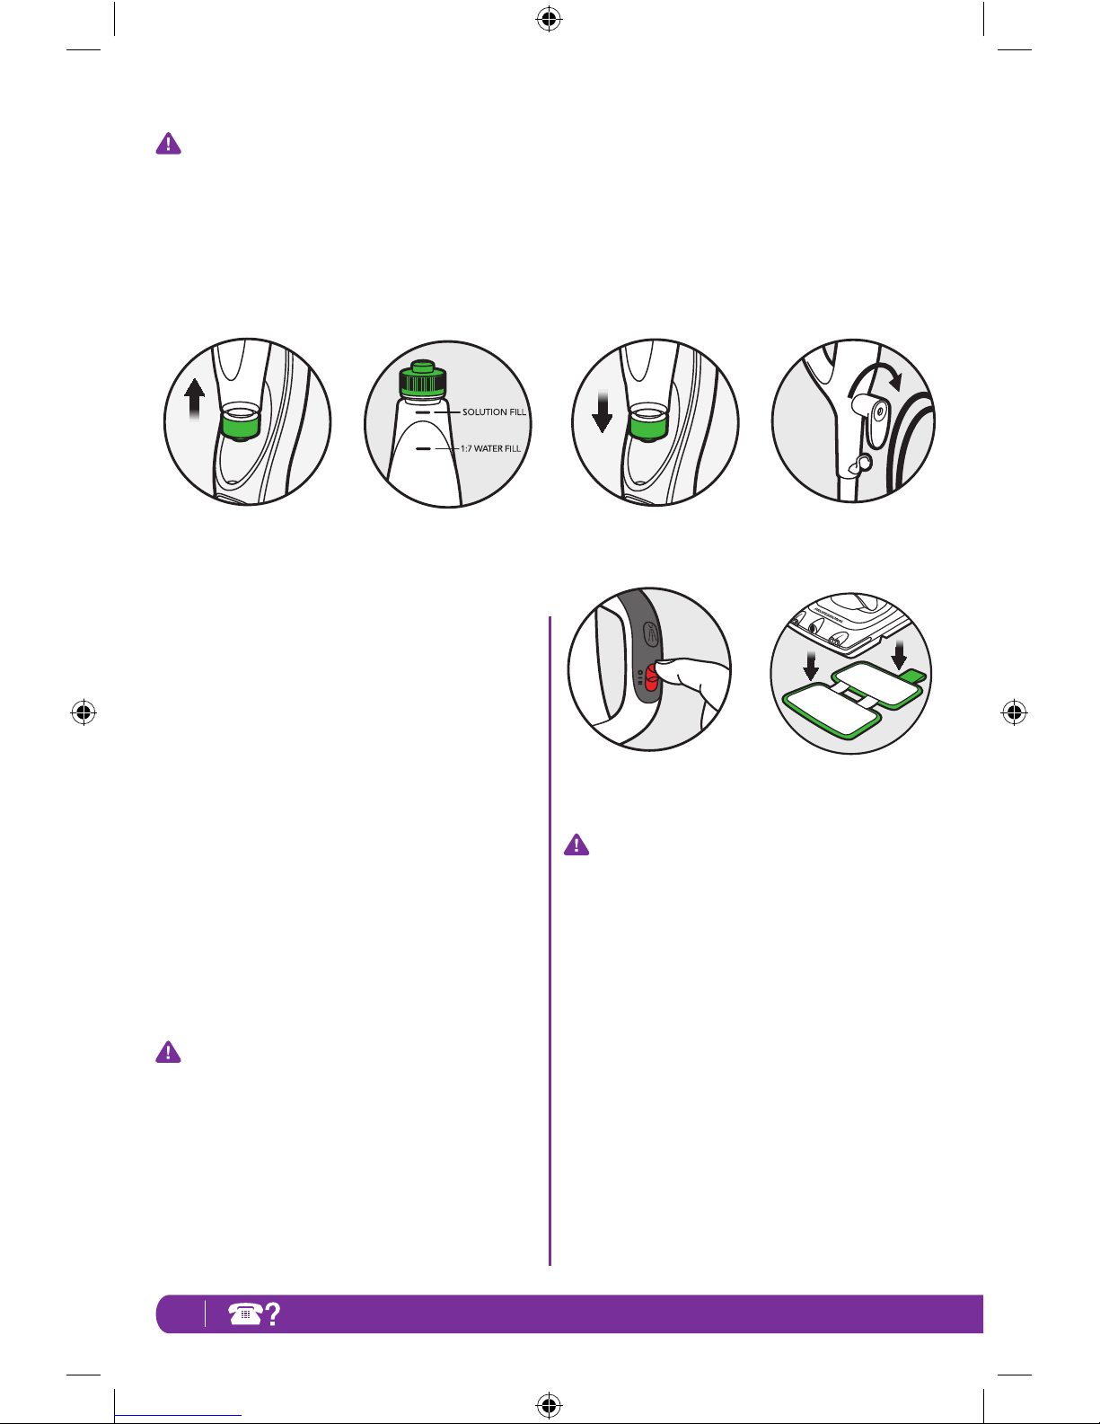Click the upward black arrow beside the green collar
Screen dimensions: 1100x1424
coord(195,400)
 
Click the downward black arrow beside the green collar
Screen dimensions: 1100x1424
coord(602,411)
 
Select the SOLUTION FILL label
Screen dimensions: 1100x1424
coord(494,412)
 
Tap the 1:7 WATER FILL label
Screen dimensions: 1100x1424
coord(490,449)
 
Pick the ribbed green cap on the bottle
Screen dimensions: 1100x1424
coord(422,379)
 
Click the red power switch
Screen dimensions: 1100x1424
coord(652,677)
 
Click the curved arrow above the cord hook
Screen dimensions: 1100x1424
coord(876,379)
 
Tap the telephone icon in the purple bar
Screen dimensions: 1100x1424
coord(245,1313)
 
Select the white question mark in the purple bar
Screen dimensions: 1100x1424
coord(273,1314)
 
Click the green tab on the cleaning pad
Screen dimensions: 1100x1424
coord(913,677)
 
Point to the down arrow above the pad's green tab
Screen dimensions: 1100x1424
coord(899,655)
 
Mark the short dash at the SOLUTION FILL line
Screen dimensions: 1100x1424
coord(422,413)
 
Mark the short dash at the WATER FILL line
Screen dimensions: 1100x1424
coord(423,449)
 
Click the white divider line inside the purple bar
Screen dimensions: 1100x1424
coord(205,1313)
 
